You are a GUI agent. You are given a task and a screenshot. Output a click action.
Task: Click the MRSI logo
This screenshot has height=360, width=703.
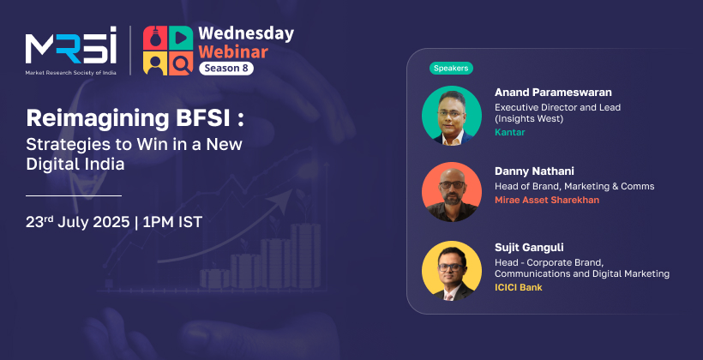pos(71,51)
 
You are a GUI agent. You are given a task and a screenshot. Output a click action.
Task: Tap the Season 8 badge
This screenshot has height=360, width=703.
pos(226,69)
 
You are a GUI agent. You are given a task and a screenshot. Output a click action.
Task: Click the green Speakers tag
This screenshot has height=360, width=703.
pos(451,69)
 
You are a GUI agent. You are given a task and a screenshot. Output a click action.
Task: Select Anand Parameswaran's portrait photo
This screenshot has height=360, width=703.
pos(452,115)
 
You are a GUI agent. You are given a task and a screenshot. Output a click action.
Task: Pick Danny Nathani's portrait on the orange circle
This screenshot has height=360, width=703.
pos(452,191)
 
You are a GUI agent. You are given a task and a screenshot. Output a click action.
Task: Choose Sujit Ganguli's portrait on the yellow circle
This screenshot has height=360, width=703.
pos(452,270)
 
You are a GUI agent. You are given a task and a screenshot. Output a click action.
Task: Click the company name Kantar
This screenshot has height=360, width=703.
pos(510,132)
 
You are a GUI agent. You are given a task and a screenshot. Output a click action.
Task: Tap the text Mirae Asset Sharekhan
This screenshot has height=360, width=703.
pos(546,200)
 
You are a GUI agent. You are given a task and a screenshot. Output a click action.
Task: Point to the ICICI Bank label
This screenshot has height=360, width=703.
pos(519,287)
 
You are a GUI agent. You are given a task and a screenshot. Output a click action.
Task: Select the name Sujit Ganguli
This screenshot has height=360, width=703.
pos(529,248)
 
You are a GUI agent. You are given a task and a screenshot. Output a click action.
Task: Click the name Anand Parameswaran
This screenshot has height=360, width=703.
pos(553,93)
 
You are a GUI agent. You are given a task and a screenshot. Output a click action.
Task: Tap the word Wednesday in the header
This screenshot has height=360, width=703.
pos(246,34)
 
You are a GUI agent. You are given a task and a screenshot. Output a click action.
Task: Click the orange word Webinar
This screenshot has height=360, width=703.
pos(233,51)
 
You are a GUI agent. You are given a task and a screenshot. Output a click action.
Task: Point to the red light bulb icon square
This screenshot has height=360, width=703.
pos(155,38)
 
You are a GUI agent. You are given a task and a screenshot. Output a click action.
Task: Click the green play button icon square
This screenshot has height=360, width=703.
pos(181,38)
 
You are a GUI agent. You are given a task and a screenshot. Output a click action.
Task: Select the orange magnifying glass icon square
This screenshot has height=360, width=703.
pos(181,63)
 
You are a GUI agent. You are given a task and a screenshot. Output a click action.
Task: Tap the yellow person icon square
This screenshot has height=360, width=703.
pos(155,63)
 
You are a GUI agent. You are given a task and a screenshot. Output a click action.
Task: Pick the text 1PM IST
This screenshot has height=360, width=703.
pos(172,222)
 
